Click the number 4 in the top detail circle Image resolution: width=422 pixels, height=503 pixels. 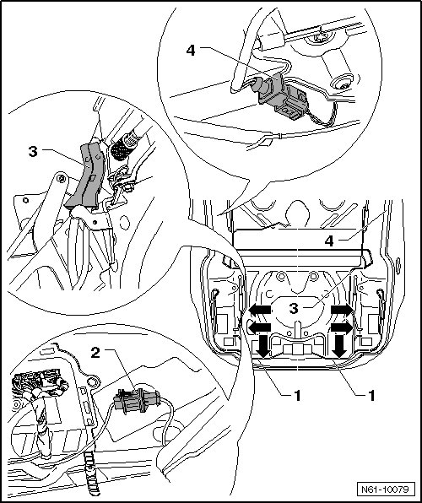pyautogui.click(x=191, y=51)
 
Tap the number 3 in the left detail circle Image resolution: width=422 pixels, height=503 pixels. pyautogui.click(x=33, y=151)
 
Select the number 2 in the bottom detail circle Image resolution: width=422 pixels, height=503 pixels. pyautogui.click(x=95, y=353)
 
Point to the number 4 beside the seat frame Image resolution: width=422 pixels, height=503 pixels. pyautogui.click(x=329, y=241)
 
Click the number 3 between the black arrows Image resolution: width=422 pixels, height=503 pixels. pyautogui.click(x=294, y=309)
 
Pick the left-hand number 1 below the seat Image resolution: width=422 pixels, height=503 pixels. pyautogui.click(x=298, y=396)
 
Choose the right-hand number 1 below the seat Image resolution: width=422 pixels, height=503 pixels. pyautogui.click(x=371, y=396)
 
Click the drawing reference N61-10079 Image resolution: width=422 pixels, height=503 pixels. pyautogui.click(x=386, y=489)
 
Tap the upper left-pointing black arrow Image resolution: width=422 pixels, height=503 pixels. pyautogui.click(x=260, y=310)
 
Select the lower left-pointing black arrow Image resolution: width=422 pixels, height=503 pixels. pyautogui.click(x=260, y=327)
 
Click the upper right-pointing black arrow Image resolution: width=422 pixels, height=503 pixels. pyautogui.click(x=342, y=310)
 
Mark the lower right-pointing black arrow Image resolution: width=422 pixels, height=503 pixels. pyautogui.click(x=342, y=327)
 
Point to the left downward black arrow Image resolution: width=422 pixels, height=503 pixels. pyautogui.click(x=263, y=346)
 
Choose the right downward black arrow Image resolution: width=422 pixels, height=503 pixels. pyautogui.click(x=339, y=346)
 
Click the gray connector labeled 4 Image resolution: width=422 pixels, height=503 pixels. pyautogui.click(x=280, y=96)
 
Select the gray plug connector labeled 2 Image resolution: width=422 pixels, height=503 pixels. pyautogui.click(x=137, y=400)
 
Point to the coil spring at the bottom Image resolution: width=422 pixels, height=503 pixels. pyautogui.click(x=90, y=471)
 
